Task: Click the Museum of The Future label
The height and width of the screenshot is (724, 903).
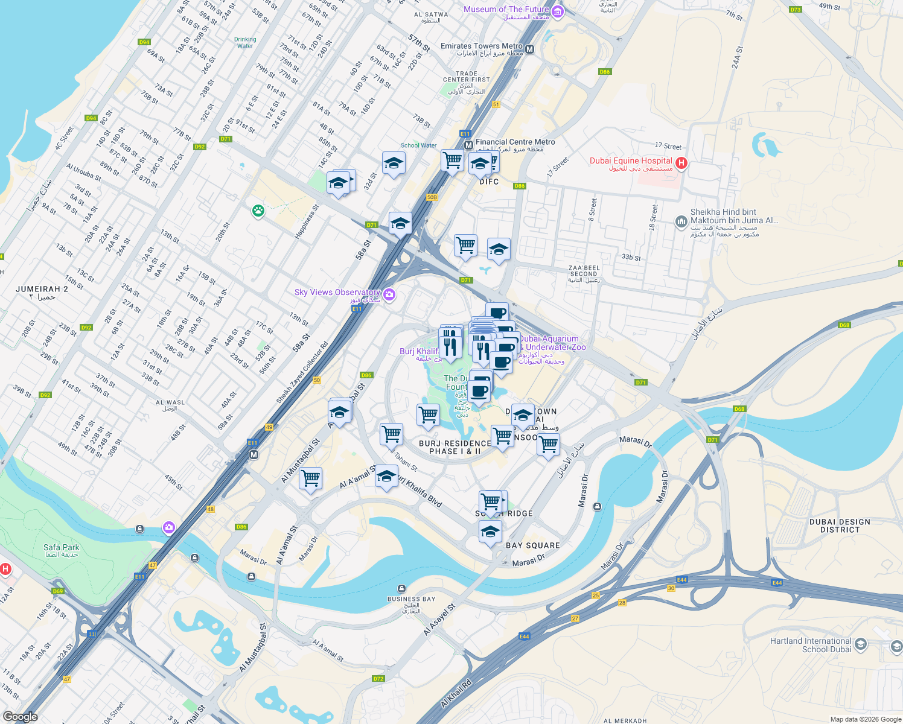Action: click(x=506, y=10)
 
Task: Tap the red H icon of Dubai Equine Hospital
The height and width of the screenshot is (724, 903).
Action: click(x=681, y=162)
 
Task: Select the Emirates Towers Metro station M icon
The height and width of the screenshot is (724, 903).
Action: click(x=529, y=49)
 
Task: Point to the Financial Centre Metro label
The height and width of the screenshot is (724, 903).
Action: click(x=515, y=142)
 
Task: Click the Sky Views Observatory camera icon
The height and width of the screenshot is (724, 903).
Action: click(x=389, y=294)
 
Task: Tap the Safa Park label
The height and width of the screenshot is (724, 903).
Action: click(x=61, y=548)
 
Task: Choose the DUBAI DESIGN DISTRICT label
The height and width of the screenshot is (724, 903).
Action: click(x=840, y=526)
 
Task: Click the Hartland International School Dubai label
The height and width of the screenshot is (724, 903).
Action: click(x=811, y=645)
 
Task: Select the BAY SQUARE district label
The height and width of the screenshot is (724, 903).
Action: click(x=532, y=545)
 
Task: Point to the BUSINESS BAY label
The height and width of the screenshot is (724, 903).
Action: click(x=411, y=599)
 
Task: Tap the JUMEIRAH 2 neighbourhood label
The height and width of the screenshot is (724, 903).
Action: click(x=42, y=290)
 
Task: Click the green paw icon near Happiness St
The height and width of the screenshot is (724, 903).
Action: click(x=258, y=211)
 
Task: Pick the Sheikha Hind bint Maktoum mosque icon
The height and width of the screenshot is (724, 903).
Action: click(x=681, y=221)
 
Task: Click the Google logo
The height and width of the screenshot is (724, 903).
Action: click(x=21, y=717)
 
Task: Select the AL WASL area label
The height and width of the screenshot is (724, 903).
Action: click(x=170, y=403)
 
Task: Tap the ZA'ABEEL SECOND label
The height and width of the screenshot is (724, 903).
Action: click(x=584, y=271)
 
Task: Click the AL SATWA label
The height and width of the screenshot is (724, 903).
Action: click(x=431, y=14)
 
